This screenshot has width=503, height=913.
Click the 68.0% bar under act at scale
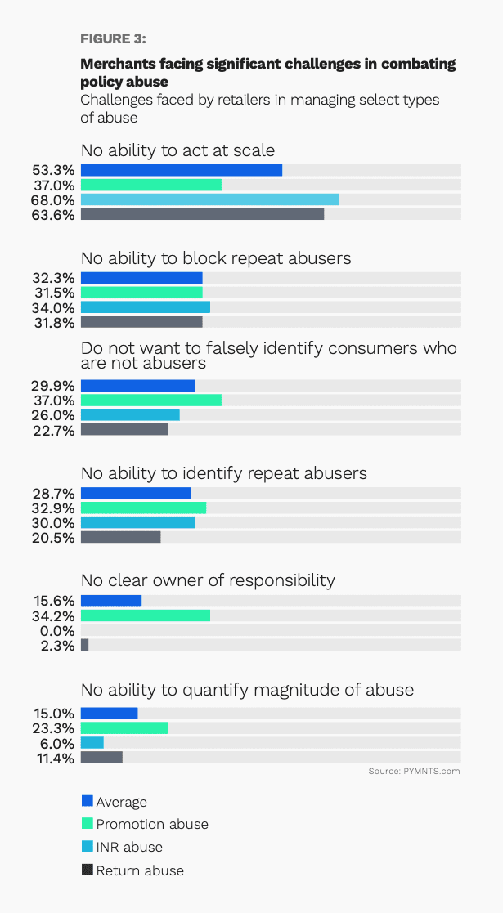[x=209, y=200]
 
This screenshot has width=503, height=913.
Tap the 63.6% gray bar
[x=202, y=215]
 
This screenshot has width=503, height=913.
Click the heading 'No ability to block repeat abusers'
[x=216, y=258]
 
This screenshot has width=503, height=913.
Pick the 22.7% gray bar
[x=124, y=430]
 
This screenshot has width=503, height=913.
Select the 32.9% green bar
[x=143, y=508]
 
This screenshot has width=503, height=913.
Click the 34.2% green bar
[x=146, y=615]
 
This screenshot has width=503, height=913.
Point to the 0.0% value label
[x=58, y=630]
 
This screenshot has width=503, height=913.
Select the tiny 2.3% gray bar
[x=84, y=645]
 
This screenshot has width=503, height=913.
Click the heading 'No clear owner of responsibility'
[x=208, y=580]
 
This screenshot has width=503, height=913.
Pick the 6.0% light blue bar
[x=92, y=743]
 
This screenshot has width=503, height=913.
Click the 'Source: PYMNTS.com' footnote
[x=414, y=772]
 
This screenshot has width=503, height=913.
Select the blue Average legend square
[x=87, y=801]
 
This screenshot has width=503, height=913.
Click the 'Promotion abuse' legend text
[x=152, y=824]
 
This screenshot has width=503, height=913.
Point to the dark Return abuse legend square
[x=87, y=870]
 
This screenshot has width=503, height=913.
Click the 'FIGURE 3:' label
[x=113, y=38]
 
